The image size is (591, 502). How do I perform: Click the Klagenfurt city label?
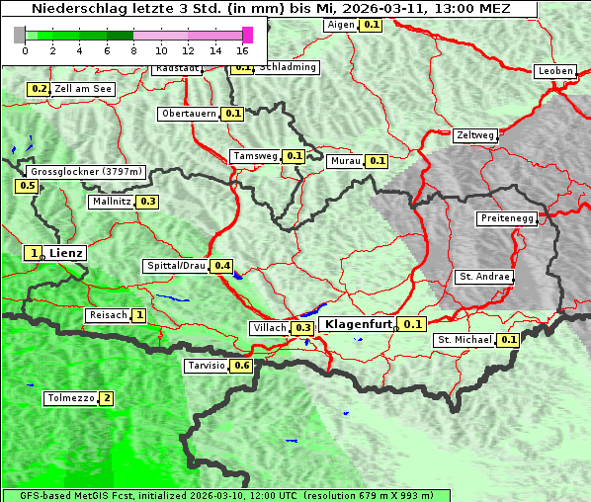pos(358,324)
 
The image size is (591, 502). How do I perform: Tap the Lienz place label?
pos(66,253)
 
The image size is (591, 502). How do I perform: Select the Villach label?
pos(270,327)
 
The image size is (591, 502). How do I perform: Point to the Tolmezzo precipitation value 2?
pos(107,398)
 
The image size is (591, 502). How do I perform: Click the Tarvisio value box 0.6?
pos(242,366)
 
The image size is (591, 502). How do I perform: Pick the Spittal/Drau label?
pos(176,266)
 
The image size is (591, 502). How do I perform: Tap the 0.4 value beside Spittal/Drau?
pos(222,266)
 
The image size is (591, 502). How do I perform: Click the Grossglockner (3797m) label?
pos(87,172)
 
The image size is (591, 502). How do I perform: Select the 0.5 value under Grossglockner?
pos(27,186)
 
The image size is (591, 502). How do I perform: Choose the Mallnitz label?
pos(111,202)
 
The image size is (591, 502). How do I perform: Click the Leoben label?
pos(554,71)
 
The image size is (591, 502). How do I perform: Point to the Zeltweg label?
pos(475,135)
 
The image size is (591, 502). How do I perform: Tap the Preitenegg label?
pos(507,218)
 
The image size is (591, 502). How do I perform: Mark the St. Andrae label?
pos(483,277)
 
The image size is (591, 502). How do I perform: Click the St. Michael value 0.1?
pos(509,340)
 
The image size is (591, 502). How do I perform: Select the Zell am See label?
pos(84,89)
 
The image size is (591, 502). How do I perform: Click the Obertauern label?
pos(189,114)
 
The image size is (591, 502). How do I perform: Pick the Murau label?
pos(346,161)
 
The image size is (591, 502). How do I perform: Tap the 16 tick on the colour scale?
pos(242,50)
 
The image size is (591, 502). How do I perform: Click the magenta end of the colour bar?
pos(247,35)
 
